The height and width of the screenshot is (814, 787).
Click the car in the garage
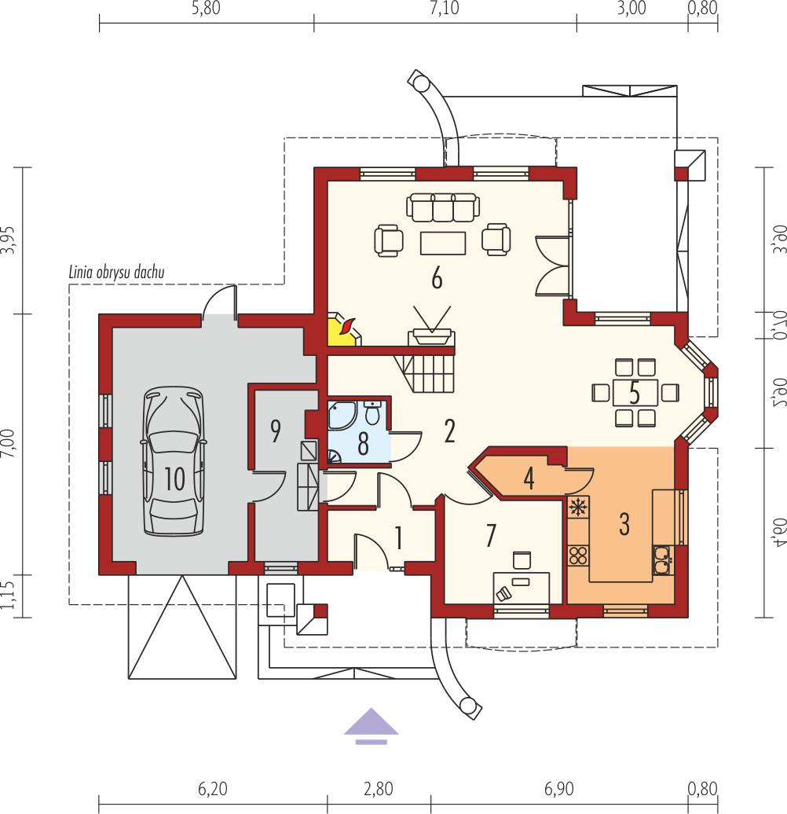[174, 461]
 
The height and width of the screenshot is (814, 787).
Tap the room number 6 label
[437, 279]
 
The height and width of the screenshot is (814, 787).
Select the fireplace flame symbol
[346, 326]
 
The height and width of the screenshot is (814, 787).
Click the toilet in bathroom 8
[372, 412]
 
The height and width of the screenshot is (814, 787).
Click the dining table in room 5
[635, 393]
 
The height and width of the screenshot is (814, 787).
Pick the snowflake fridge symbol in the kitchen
[577, 508]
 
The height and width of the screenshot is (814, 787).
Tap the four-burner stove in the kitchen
[577, 556]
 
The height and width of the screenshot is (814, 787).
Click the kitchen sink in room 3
[662, 560]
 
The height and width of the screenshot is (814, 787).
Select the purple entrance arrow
[371, 725]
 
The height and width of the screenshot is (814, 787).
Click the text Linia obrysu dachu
[117, 273]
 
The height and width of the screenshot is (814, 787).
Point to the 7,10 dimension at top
[445, 9]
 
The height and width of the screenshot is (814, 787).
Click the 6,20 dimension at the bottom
[213, 789]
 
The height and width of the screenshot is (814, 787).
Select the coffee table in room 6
[443, 243]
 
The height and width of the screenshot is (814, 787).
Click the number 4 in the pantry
[529, 478]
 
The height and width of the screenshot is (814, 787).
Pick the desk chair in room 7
[522, 560]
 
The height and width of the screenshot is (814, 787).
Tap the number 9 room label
[276, 431]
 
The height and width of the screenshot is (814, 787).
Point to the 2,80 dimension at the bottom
[379, 789]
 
